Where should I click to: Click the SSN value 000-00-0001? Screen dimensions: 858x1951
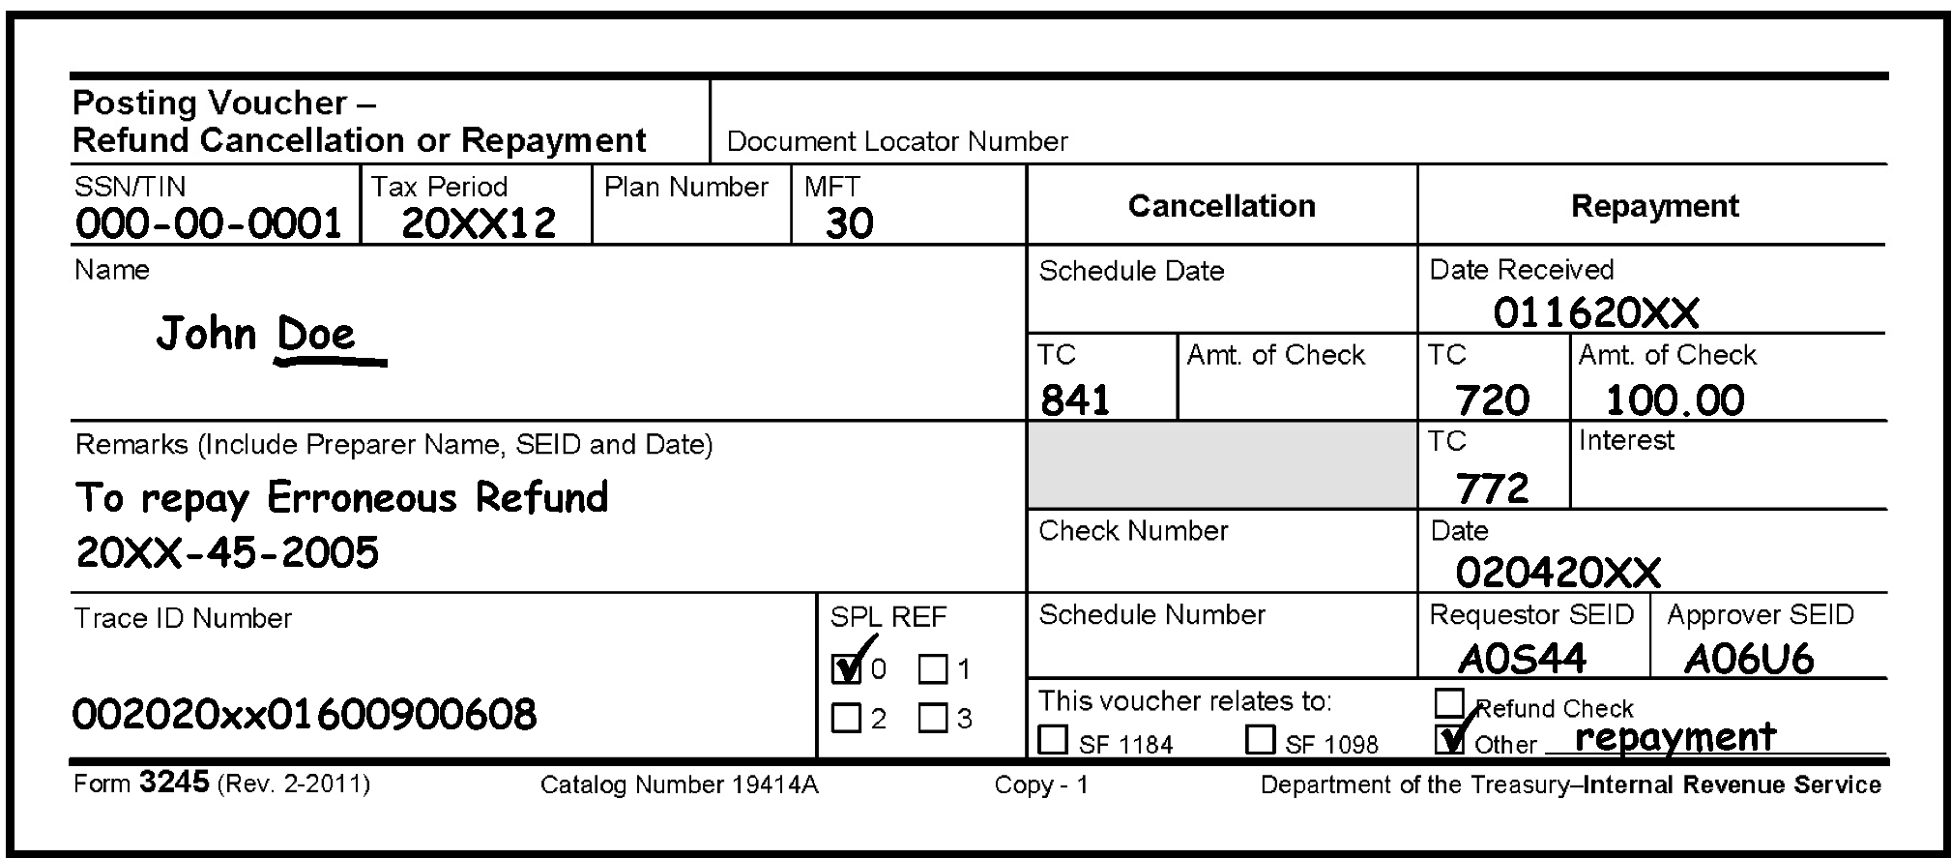(208, 223)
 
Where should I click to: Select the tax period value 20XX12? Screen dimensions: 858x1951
(478, 223)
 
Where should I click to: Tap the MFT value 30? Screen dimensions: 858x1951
(849, 223)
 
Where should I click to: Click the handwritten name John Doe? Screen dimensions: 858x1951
(257, 335)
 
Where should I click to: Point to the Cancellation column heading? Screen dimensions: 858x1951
(1221, 206)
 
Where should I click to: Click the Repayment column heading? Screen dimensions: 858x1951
(1654, 206)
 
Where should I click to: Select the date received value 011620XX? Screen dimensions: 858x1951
(1595, 312)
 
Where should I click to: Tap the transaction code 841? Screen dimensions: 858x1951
(1075, 399)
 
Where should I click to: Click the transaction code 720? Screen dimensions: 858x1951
(1492, 399)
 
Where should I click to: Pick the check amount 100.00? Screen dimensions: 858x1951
(1674, 399)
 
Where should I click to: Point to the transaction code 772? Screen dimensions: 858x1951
(1492, 488)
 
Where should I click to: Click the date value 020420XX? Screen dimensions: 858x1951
(1558, 573)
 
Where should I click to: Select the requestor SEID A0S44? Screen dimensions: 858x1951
(1521, 659)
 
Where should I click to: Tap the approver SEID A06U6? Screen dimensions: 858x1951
(1748, 659)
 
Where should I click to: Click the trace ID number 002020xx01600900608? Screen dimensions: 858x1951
(304, 715)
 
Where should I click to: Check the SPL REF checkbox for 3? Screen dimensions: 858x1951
(932, 719)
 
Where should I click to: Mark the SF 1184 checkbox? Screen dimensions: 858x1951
(1052, 740)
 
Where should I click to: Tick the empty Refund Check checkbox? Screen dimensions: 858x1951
(1449, 702)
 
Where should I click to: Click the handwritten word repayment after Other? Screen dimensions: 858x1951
(1675, 737)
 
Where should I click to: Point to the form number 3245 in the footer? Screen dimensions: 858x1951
(174, 782)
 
